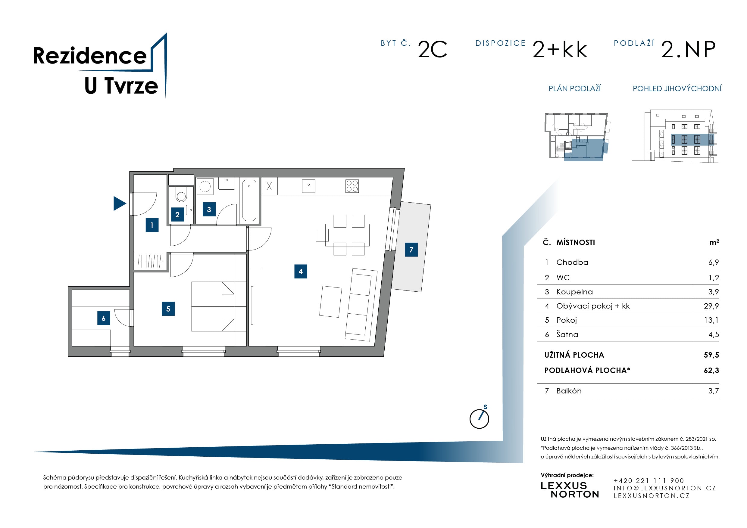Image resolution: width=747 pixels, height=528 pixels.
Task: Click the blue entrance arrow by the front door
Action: click(x=119, y=203)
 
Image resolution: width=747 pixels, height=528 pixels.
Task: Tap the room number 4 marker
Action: click(x=300, y=272)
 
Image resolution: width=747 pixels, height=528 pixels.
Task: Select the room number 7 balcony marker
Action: click(x=411, y=250)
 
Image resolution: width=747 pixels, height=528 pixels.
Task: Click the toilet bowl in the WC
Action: click(x=181, y=195)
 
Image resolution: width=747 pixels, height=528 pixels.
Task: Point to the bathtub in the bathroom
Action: click(x=249, y=200)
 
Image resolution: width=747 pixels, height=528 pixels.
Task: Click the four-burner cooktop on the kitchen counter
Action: click(x=352, y=186)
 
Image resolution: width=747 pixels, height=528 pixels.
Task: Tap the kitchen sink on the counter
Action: click(x=308, y=186)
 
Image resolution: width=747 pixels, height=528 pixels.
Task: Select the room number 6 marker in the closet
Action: click(x=103, y=318)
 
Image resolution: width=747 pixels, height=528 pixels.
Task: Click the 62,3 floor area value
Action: click(x=711, y=370)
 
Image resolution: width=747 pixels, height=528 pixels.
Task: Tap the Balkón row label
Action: click(x=569, y=391)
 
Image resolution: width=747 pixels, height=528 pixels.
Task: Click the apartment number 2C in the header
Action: click(x=433, y=50)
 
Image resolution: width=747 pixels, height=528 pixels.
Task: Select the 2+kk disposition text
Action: click(x=560, y=50)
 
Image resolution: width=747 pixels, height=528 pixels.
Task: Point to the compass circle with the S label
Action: click(x=479, y=419)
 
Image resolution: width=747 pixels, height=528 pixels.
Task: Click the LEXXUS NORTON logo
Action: click(x=570, y=490)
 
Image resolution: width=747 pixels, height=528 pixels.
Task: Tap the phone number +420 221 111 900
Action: click(x=649, y=480)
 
